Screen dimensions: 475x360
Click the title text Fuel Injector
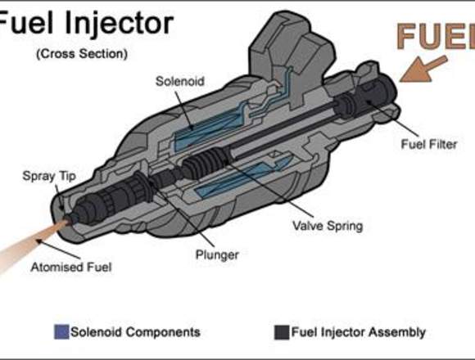tap(85, 24)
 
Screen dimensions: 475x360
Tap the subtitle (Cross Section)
tap(82, 54)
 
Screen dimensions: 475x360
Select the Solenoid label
tap(180, 81)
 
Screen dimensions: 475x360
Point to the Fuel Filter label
tap(429, 144)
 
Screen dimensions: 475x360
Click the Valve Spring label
tap(328, 226)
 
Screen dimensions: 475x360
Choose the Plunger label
tap(217, 254)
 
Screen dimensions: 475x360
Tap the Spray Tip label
tap(49, 176)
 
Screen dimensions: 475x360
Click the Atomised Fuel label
tap(71, 267)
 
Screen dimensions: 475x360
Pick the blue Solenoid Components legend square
tap(61, 332)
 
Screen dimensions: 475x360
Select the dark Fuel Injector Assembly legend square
tap(282, 332)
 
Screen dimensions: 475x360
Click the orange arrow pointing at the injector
tap(423, 70)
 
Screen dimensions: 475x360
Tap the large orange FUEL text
tap(436, 36)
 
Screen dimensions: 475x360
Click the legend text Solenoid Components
tap(135, 332)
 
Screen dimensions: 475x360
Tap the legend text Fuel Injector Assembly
tap(359, 332)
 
